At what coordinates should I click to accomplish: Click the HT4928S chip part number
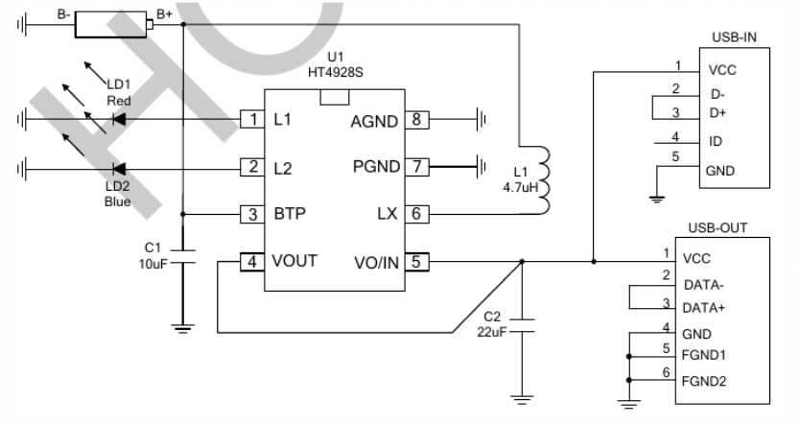pyautogui.click(x=335, y=73)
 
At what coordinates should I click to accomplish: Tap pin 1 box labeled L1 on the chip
pyautogui.click(x=252, y=119)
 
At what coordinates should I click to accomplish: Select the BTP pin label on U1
pyautogui.click(x=290, y=213)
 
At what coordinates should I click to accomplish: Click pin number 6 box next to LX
pyautogui.click(x=417, y=214)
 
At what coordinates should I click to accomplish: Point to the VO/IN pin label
pyautogui.click(x=377, y=263)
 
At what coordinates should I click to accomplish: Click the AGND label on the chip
pyautogui.click(x=374, y=122)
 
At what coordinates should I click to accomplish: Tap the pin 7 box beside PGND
pyautogui.click(x=417, y=166)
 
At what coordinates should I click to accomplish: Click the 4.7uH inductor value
pyautogui.click(x=521, y=187)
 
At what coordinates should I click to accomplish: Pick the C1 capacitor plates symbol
pyautogui.click(x=182, y=257)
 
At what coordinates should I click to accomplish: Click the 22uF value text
pyautogui.click(x=492, y=332)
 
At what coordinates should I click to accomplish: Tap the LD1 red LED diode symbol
pyautogui.click(x=119, y=119)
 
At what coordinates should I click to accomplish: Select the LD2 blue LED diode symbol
pyautogui.click(x=119, y=169)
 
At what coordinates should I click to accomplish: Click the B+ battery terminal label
pyautogui.click(x=164, y=14)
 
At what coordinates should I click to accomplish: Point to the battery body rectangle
pyautogui.click(x=111, y=25)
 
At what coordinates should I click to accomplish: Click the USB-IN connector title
pyautogui.click(x=734, y=37)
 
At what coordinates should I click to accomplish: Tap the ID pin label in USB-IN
pyautogui.click(x=716, y=141)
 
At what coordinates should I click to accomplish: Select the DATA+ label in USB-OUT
pyautogui.click(x=703, y=308)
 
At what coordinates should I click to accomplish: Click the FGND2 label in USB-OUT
pyautogui.click(x=703, y=381)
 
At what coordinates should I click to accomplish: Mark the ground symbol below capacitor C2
pyautogui.click(x=522, y=399)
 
